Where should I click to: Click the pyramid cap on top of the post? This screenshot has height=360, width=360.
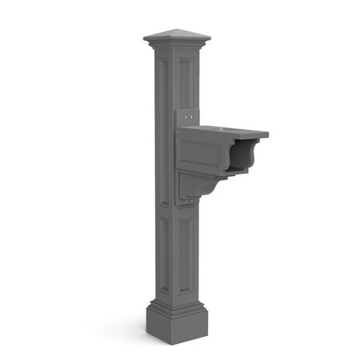tap(177, 38)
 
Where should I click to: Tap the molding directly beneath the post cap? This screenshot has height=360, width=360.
tap(177, 47)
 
